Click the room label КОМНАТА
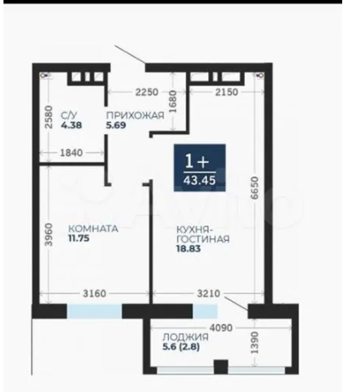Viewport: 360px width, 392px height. (x=93, y=229)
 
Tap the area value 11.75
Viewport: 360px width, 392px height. (x=78, y=238)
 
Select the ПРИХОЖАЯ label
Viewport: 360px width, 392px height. (x=135, y=115)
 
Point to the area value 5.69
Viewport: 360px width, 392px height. (x=116, y=125)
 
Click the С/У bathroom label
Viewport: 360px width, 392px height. (x=69, y=115)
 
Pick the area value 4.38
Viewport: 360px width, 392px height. (x=72, y=125)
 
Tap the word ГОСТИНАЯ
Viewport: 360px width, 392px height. (x=203, y=239)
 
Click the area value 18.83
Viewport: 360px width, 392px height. (x=189, y=249)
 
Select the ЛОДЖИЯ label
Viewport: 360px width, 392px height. (x=185, y=337)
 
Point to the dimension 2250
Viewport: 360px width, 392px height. (x=147, y=92)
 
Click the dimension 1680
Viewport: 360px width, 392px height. (x=172, y=102)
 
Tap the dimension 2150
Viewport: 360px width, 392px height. (x=226, y=92)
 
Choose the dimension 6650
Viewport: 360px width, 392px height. (x=255, y=188)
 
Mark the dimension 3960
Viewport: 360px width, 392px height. (x=49, y=234)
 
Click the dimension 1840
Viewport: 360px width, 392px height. (x=72, y=153)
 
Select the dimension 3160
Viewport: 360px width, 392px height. (x=94, y=294)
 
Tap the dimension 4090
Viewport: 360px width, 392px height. (x=221, y=328)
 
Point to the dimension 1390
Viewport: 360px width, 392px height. (x=255, y=342)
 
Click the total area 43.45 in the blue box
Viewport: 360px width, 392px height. (x=200, y=180)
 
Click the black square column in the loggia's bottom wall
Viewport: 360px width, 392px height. (x=221, y=366)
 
